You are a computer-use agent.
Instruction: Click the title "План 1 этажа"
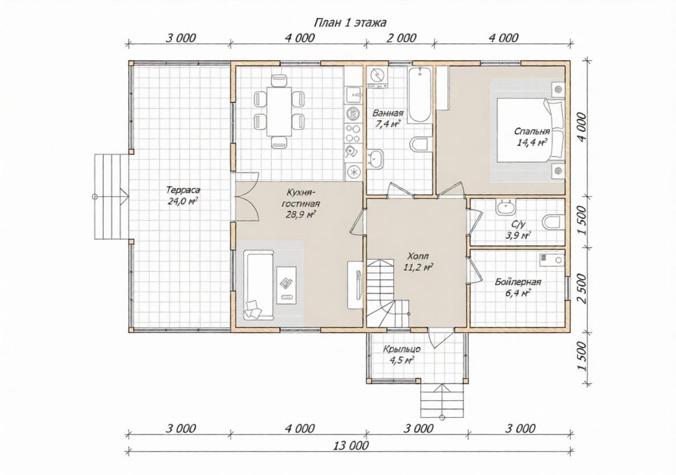coord(349,22)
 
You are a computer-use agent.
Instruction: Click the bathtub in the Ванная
coord(420,95)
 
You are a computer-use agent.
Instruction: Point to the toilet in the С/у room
coord(554,223)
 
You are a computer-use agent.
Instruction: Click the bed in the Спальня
coord(530,130)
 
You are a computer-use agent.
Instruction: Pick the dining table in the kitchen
coord(279,111)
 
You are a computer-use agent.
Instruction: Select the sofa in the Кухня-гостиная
coord(259,285)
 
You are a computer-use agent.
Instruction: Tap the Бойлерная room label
coord(518,283)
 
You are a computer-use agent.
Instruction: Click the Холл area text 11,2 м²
coord(418,267)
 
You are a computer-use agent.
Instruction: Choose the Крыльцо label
coord(403,349)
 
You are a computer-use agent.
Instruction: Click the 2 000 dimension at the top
coord(401,38)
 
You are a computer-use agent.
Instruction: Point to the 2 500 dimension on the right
coord(581,288)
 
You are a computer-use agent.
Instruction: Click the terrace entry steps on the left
coord(112,196)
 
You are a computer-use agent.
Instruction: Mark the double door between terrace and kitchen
coord(246,196)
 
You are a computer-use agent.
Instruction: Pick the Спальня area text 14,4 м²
coord(532,142)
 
